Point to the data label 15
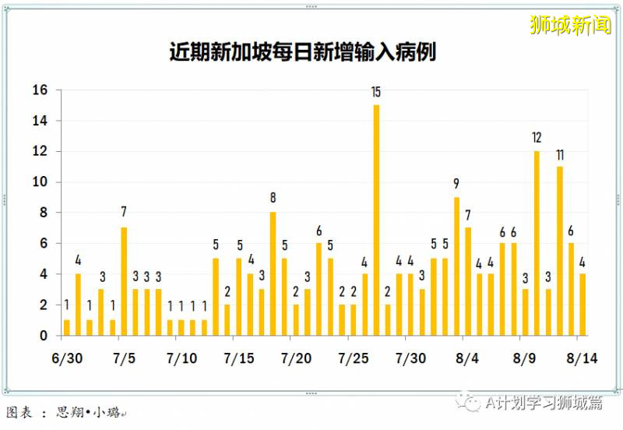tap(376, 92)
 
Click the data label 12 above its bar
tap(537, 138)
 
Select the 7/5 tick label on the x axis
tap(124, 358)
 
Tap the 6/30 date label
tap(66, 358)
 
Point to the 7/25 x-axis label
tap(354, 358)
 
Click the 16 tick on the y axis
tap(40, 90)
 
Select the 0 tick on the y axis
tap(44, 336)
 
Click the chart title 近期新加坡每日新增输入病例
tap(302, 52)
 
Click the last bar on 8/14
tap(583, 305)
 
